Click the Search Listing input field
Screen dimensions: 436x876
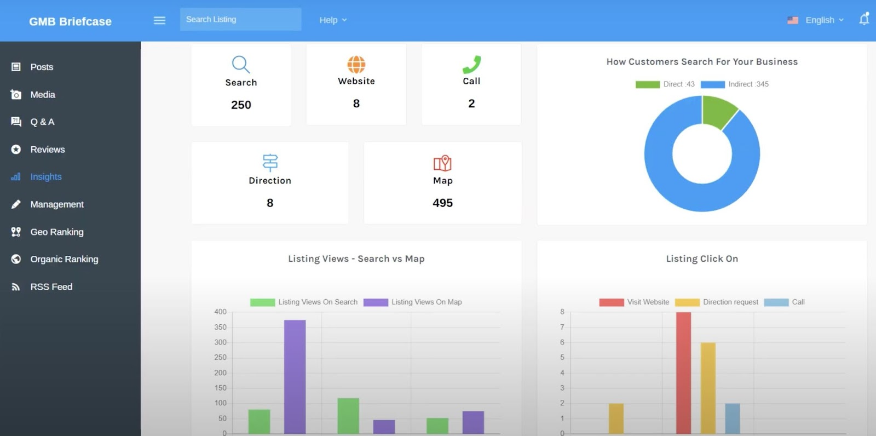(x=240, y=20)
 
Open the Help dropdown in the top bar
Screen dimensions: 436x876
(x=333, y=20)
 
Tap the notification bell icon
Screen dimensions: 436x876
(x=863, y=20)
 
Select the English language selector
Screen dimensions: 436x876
(x=816, y=20)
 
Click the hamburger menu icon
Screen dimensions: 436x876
(x=159, y=20)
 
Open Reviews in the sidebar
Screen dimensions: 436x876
(x=47, y=150)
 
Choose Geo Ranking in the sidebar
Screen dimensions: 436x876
(x=56, y=232)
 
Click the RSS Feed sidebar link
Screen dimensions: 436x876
(x=51, y=286)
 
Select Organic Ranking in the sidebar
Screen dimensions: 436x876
(x=64, y=259)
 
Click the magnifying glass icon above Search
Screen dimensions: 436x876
(x=241, y=64)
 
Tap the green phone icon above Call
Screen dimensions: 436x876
(x=471, y=64)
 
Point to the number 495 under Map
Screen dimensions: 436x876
(x=442, y=203)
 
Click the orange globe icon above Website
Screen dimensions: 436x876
(x=356, y=64)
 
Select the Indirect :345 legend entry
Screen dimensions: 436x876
(x=735, y=84)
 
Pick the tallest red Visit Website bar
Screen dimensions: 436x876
(x=683, y=372)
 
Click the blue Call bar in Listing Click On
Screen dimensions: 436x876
(x=733, y=418)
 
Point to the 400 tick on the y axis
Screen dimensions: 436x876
(x=220, y=312)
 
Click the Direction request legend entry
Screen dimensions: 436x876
(x=717, y=302)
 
